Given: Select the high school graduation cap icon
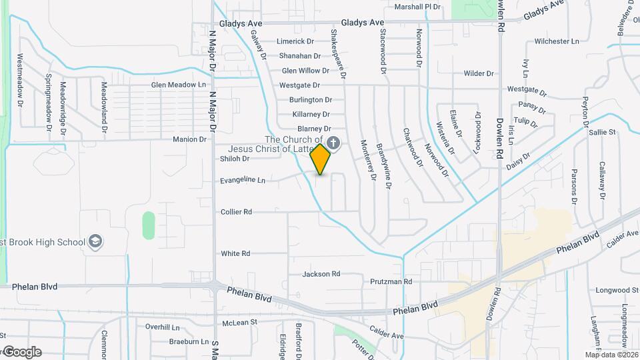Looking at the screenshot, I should click(95, 241).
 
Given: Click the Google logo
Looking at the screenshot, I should click(21, 352).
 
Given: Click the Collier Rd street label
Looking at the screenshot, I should click(236, 212).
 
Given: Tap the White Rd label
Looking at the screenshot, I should click(235, 253).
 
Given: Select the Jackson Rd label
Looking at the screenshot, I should click(321, 274).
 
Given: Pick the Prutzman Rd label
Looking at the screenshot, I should click(391, 282).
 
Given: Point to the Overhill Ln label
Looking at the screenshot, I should click(163, 327).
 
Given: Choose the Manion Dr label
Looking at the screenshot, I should click(190, 139).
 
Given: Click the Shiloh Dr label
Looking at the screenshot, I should click(234, 159).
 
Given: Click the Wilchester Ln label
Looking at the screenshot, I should click(557, 41).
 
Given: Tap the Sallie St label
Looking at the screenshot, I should click(602, 133).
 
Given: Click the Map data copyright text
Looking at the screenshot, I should click(611, 355).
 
